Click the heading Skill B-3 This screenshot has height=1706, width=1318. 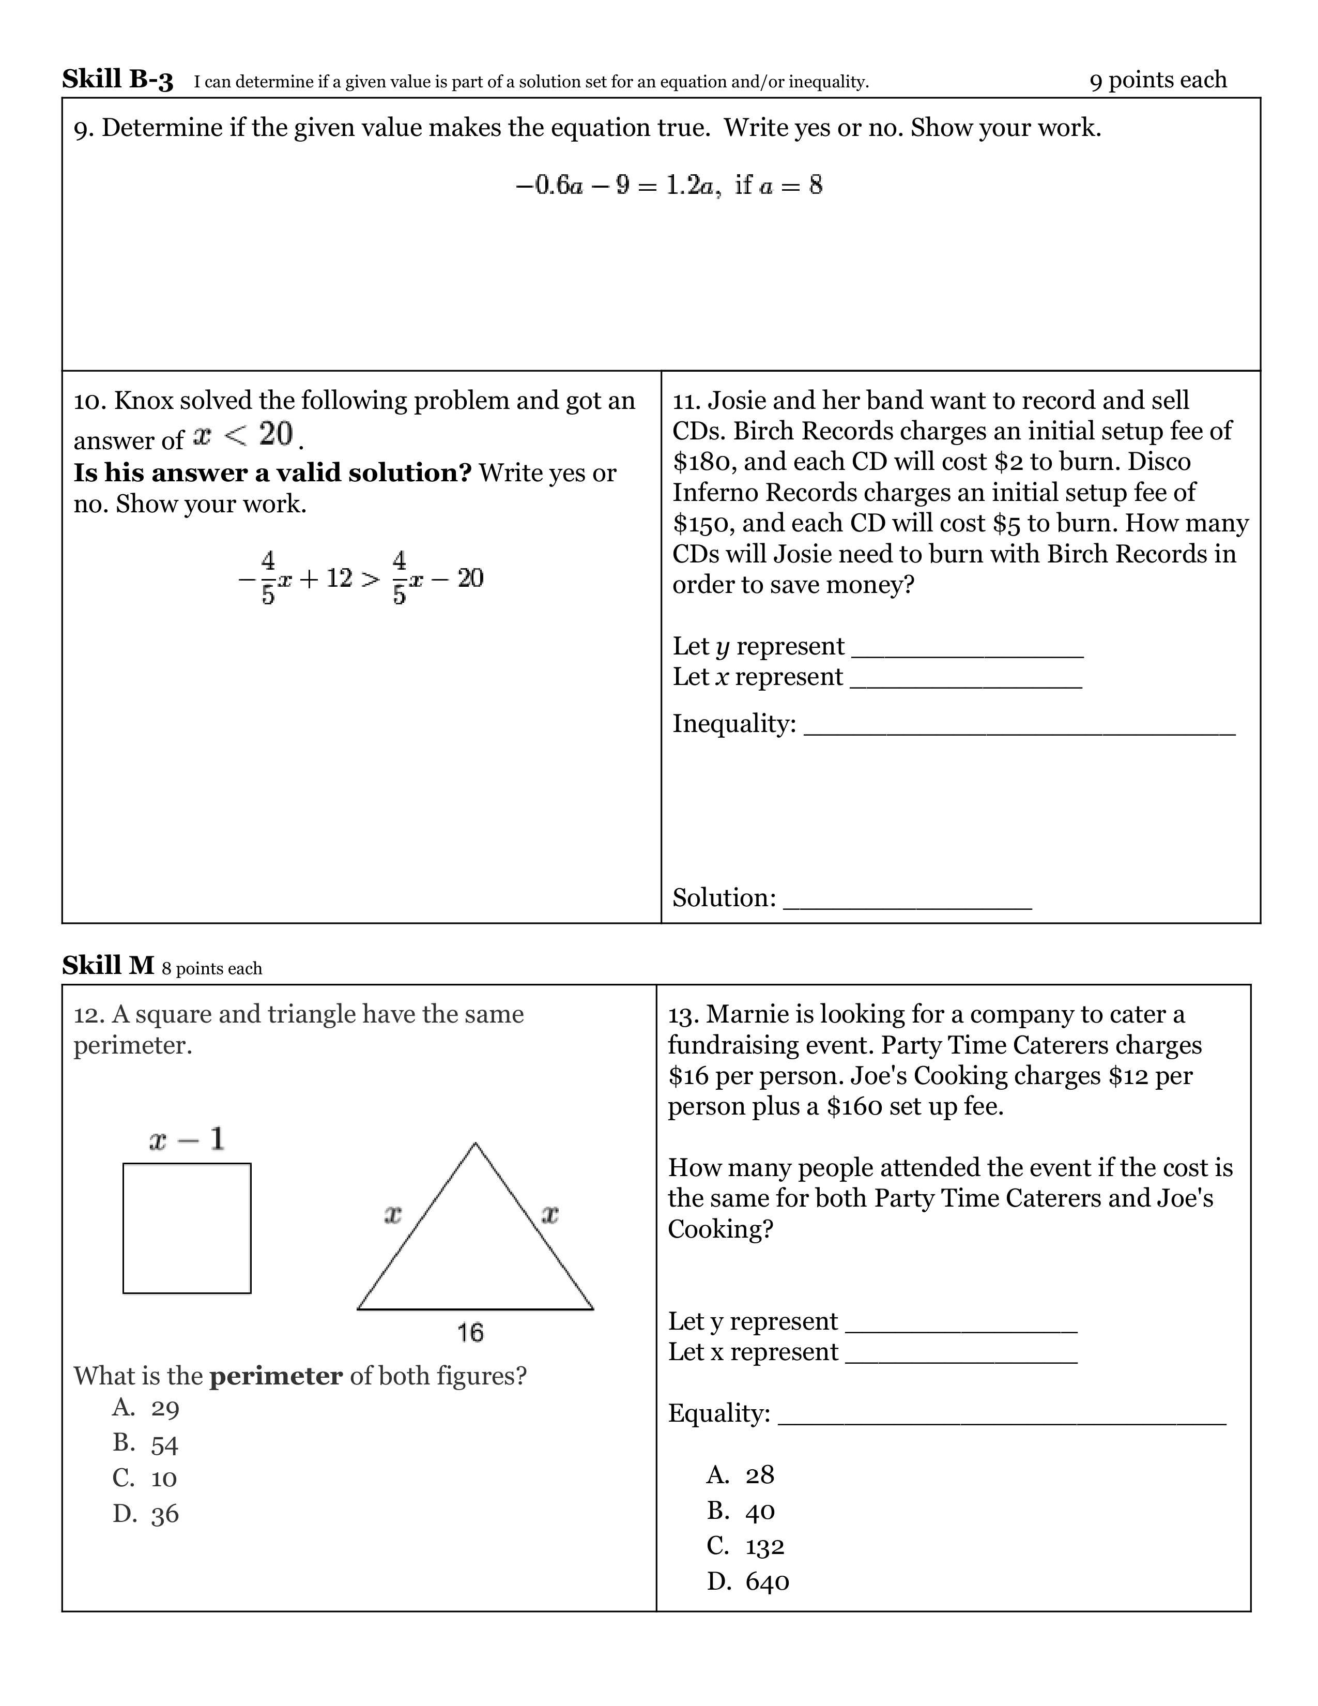pyautogui.click(x=117, y=80)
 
